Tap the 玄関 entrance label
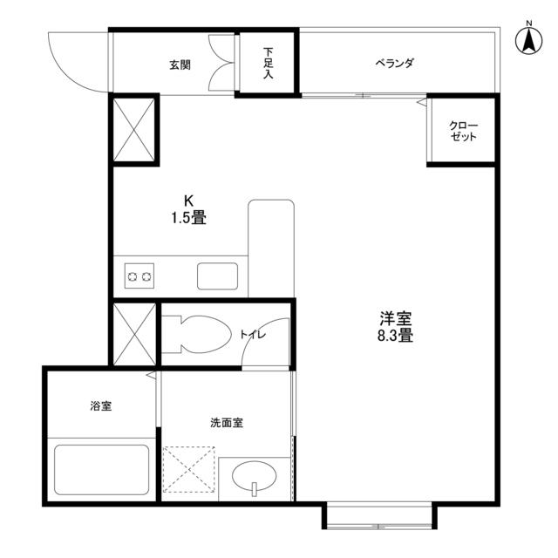coord(180,65)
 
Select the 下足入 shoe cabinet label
coord(269,64)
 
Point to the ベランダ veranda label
coord(394,64)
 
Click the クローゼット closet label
coord(463,132)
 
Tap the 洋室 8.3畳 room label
coord(395,327)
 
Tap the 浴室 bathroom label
coord(100,406)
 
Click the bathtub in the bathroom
coord(101,470)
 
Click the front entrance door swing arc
coord(74,61)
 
